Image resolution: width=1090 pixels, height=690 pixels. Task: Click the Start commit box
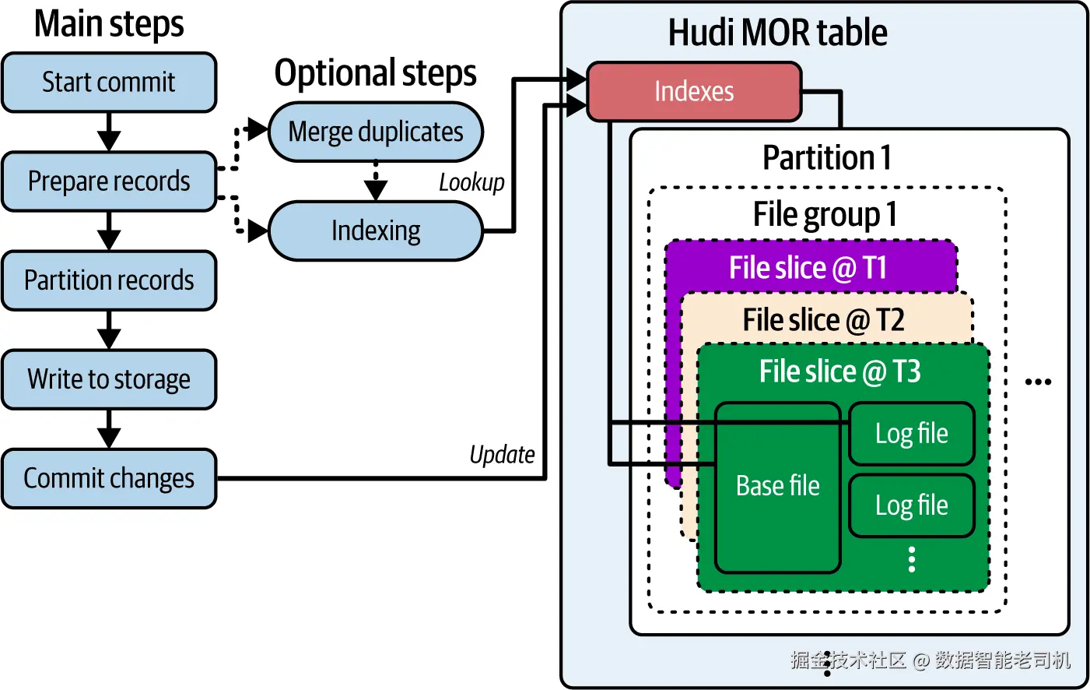109,82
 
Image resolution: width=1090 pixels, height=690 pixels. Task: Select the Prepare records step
109,181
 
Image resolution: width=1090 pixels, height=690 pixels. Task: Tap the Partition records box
109,280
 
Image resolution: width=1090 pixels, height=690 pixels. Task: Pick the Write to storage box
109,379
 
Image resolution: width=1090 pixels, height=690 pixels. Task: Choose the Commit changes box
109,478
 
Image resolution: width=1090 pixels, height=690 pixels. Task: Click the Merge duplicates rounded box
376,132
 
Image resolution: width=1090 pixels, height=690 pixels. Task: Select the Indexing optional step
376,231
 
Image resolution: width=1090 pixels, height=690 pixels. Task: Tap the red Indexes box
693,92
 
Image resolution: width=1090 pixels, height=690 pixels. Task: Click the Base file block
777,486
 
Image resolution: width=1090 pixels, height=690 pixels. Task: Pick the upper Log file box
911,434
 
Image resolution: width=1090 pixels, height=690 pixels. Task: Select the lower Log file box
911,505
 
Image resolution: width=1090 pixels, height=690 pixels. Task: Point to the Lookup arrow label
471,182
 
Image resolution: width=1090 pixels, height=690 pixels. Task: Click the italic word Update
502,455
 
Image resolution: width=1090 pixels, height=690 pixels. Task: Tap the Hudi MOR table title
777,33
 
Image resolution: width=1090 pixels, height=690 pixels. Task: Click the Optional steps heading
375,73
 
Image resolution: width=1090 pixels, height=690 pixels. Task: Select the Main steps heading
109,23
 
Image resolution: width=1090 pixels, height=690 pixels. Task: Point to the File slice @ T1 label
808,268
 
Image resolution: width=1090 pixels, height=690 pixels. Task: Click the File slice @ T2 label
823,320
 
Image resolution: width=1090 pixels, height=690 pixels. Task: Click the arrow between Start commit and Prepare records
109,132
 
